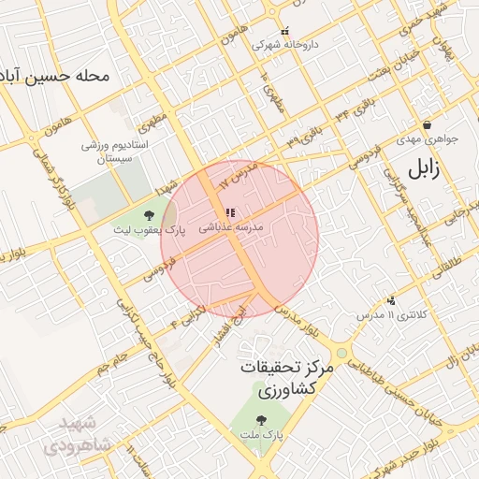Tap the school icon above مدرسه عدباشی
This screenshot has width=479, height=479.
[230, 213]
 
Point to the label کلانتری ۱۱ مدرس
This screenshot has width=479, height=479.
[390, 315]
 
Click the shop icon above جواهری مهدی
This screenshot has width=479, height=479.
[427, 124]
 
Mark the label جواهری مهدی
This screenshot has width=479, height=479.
[427, 139]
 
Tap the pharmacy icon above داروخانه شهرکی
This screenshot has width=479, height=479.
[284, 31]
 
